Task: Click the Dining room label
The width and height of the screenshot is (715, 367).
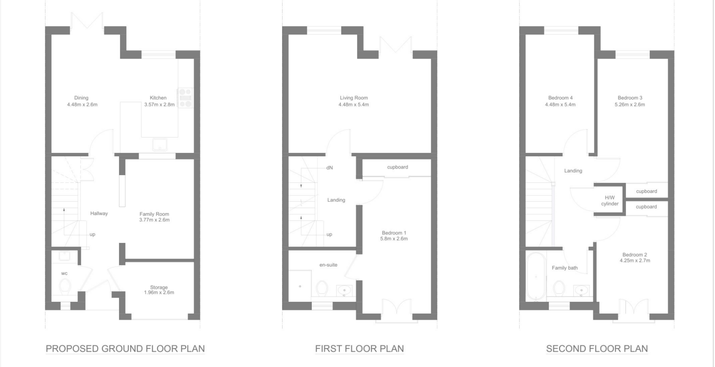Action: point(81,98)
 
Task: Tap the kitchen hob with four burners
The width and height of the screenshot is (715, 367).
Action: point(185,98)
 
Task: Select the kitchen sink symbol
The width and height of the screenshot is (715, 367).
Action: point(160,144)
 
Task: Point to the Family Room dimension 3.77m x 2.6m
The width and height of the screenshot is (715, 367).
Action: point(154,220)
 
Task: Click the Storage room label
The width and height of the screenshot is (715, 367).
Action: point(159,287)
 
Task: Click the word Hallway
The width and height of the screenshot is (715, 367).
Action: point(99,213)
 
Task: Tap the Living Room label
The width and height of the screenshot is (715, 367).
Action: point(354,98)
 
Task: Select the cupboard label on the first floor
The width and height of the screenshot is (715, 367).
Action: point(398,167)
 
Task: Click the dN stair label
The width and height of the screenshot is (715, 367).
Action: point(329,168)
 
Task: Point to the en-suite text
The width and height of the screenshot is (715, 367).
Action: point(328,265)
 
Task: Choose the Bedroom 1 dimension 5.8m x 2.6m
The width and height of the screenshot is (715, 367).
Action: point(394,239)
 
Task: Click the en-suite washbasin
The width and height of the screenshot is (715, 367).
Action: point(344,290)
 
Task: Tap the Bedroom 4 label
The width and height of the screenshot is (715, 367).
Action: point(560,98)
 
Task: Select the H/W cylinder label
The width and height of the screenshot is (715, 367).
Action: point(610,201)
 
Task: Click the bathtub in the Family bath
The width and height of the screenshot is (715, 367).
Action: point(536,276)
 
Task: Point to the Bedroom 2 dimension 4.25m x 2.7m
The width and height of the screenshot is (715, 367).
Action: point(635,261)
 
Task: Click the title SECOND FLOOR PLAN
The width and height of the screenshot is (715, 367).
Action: point(597,349)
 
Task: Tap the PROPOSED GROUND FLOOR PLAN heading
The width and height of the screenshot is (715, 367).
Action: point(125,349)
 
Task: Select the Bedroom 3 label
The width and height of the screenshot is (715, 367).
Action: point(630,98)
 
